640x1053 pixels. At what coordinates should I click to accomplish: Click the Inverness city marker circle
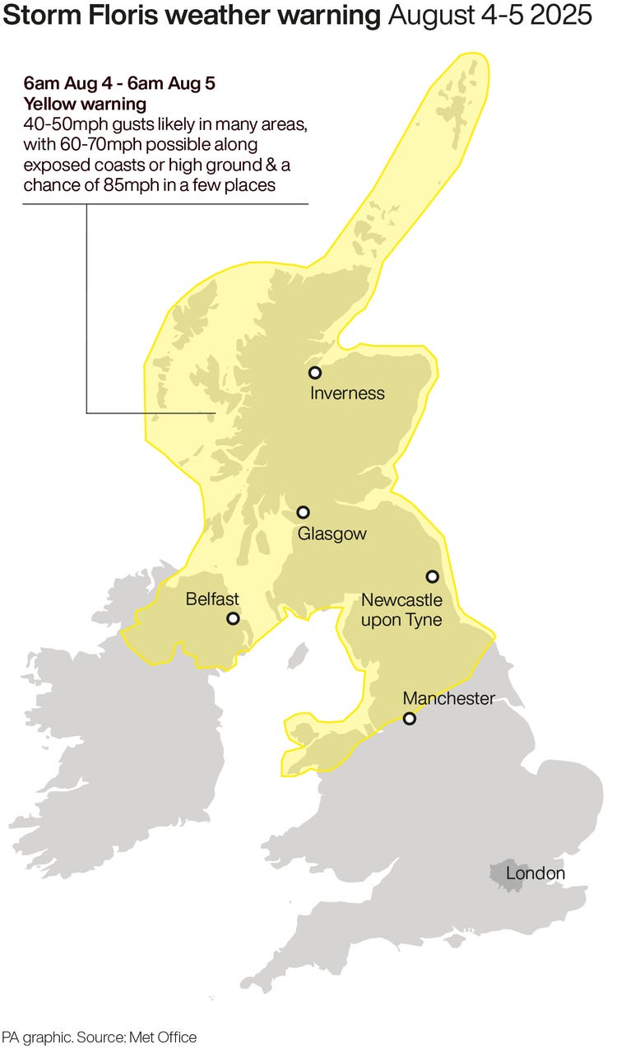tap(314, 373)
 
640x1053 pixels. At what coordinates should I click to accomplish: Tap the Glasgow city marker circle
tap(303, 513)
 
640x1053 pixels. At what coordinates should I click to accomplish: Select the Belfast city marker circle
tap(233, 618)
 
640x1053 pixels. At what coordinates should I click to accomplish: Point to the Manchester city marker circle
tap(409, 719)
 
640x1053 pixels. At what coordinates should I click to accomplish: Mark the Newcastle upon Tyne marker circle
tap(432, 576)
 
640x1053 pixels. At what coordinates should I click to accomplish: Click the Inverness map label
tap(347, 394)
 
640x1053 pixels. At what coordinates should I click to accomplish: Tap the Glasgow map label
tap(332, 534)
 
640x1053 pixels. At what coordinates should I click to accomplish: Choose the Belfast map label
tap(212, 599)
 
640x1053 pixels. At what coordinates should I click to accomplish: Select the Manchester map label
tap(448, 699)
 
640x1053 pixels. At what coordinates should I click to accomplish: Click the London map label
tap(536, 874)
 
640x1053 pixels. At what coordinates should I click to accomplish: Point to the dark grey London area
tap(499, 874)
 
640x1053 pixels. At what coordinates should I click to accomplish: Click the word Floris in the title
tap(108, 15)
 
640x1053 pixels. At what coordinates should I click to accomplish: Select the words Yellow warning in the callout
tap(85, 105)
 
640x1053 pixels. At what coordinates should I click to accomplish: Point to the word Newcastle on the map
tap(401, 600)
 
